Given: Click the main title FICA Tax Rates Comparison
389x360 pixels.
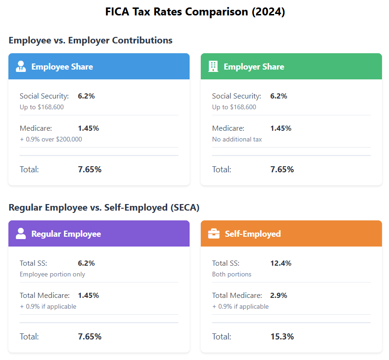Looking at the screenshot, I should [x=195, y=12].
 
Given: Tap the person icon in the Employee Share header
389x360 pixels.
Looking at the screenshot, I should [x=21, y=66].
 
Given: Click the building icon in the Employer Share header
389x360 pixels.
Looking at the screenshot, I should [x=213, y=66].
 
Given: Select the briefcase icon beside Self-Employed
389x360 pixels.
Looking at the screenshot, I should [x=213, y=233].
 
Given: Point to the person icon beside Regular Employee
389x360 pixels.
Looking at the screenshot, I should [x=21, y=233].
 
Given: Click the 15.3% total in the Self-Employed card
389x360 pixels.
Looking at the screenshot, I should [x=282, y=336].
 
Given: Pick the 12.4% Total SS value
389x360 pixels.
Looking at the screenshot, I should [x=281, y=263].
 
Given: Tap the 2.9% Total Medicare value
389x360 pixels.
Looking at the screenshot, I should [x=278, y=296].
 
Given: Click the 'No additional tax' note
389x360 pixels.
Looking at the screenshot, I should [x=237, y=139].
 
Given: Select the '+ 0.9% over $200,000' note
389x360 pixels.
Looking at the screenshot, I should [x=51, y=139].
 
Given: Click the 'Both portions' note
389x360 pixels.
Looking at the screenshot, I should [x=232, y=274].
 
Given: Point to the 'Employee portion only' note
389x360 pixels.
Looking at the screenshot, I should [x=52, y=274].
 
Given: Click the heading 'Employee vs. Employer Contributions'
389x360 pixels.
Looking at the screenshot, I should [x=91, y=40].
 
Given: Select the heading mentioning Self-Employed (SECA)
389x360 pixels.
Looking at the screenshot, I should [x=107, y=207].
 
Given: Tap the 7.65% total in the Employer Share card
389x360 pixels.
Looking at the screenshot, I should [x=282, y=169].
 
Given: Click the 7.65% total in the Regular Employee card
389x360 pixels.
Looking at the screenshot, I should [x=90, y=336].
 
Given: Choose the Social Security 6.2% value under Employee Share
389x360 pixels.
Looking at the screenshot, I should [x=86, y=96].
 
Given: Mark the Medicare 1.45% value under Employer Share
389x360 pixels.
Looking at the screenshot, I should [x=281, y=128].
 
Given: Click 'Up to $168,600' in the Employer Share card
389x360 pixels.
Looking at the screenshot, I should [x=234, y=107].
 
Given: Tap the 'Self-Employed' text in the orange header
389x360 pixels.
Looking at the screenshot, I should [x=253, y=234].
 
